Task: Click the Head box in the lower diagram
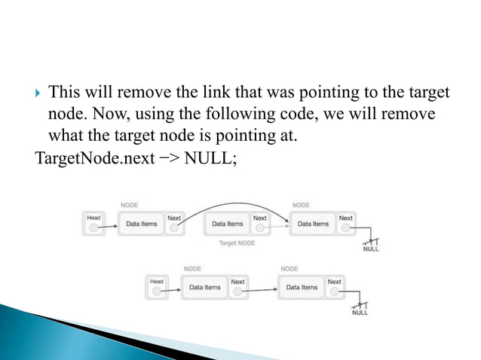[x=156, y=287]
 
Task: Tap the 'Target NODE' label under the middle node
[x=236, y=243]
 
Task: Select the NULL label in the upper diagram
[x=370, y=249]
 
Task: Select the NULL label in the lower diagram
[x=360, y=313]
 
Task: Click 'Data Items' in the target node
[x=227, y=224]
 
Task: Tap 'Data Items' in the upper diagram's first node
[x=141, y=224]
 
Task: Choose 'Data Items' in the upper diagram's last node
[x=313, y=224]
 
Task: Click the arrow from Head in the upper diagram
[x=112, y=224]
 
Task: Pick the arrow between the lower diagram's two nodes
[x=260, y=287]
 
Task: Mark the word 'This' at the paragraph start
[x=64, y=93]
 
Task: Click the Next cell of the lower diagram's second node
[x=334, y=287]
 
